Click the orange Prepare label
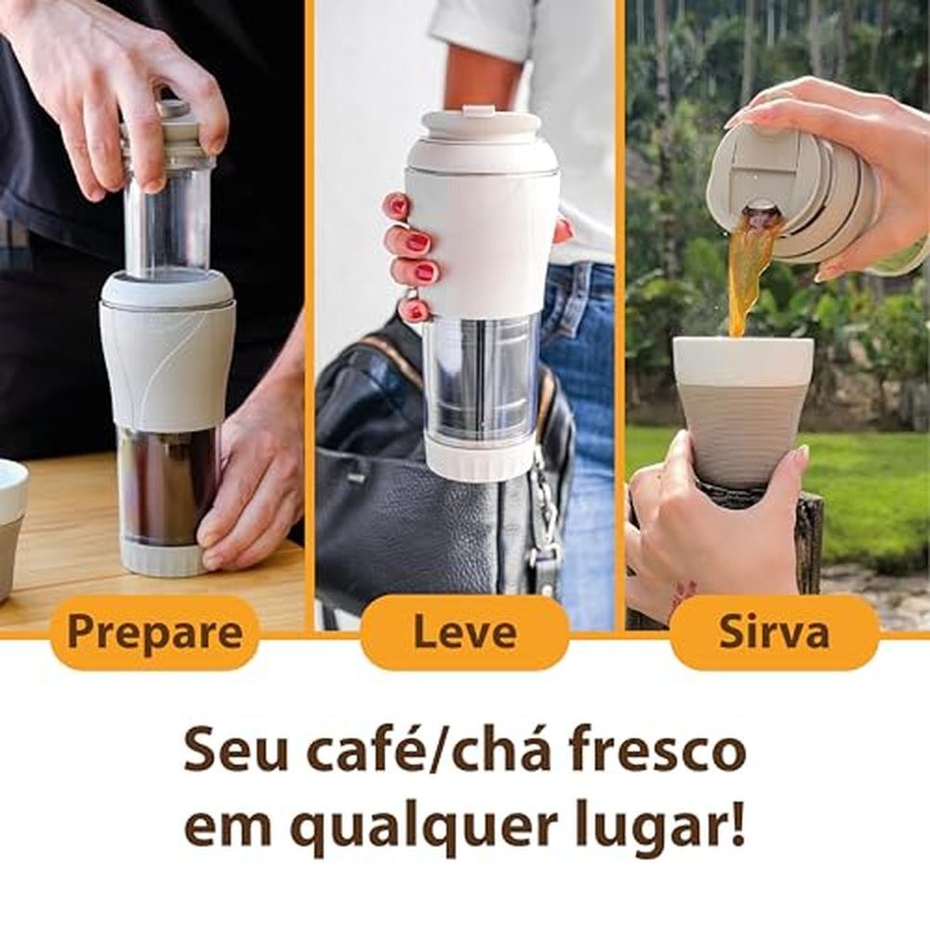155,632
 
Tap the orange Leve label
464,632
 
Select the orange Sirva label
774,632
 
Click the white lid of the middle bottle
482,138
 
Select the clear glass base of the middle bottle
481,379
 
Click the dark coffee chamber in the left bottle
167,483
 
